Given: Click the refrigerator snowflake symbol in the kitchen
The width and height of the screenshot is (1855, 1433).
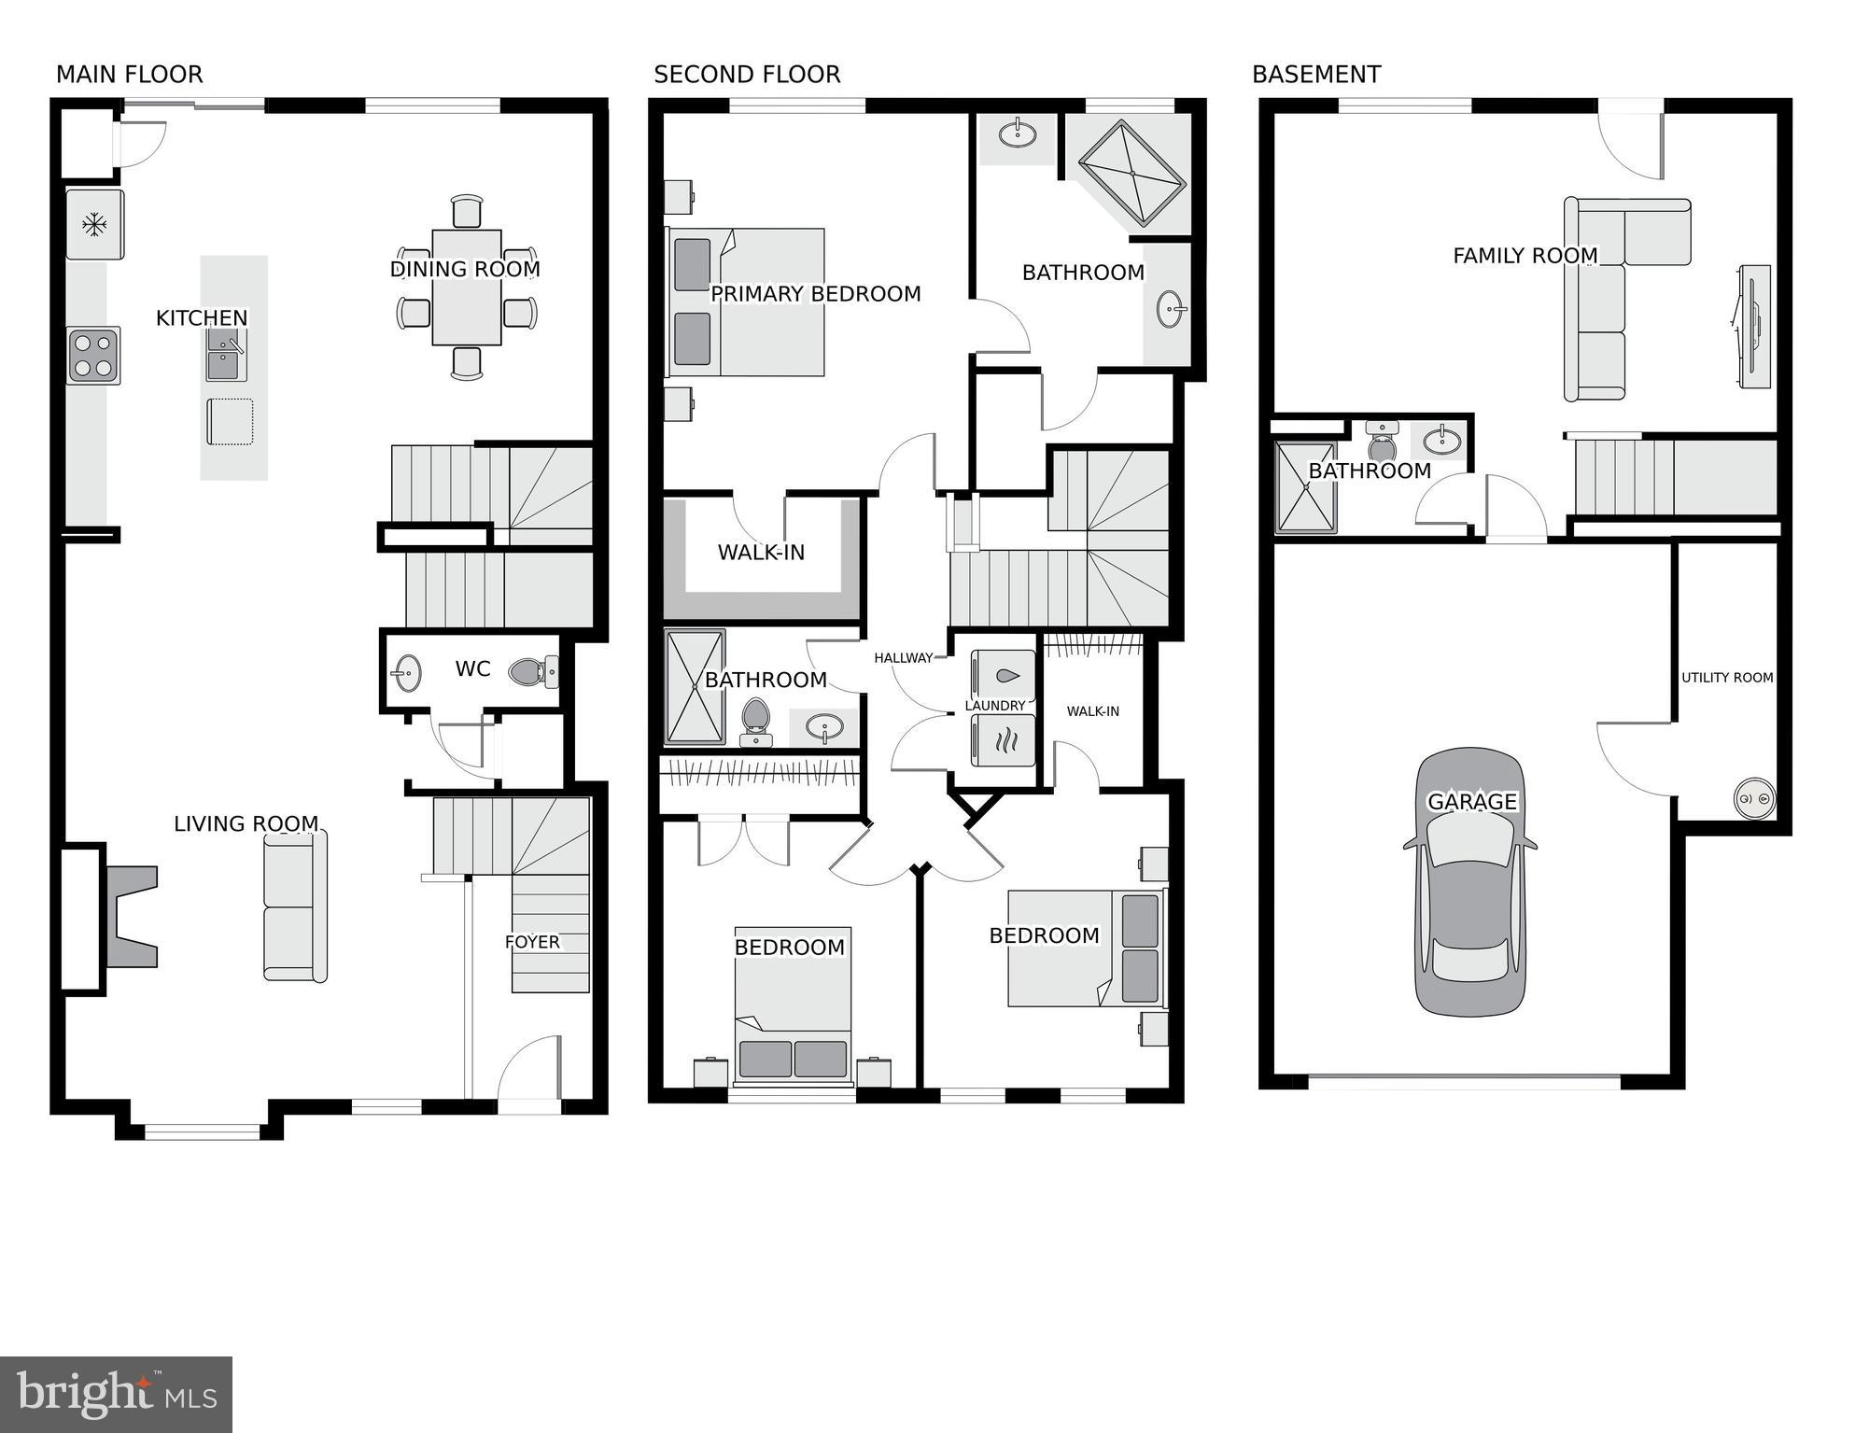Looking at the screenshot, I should point(93,224).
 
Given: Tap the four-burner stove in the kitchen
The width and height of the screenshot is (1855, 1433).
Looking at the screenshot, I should point(93,356).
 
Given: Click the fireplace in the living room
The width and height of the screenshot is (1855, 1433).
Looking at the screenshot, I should point(131,916).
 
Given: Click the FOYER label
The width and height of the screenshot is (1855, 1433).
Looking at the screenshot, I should point(532,942).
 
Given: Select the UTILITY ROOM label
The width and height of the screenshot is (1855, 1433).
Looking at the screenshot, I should point(1727,678).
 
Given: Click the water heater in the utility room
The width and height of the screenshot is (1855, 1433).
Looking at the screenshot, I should point(1754,799).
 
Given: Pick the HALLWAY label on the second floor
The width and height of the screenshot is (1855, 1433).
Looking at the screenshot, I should point(903,658).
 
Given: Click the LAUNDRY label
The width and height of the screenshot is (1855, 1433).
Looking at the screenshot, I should point(995,706).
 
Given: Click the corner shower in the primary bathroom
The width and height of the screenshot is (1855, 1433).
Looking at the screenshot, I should point(1132,174).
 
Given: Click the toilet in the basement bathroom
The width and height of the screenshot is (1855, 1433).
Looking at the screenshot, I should point(1382,443).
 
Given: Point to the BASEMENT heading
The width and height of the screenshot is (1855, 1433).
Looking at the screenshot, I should point(1316,75).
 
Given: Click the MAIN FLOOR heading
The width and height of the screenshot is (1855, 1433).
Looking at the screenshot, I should point(129,75).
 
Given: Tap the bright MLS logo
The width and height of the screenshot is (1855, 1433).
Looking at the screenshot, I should point(116,1395).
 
